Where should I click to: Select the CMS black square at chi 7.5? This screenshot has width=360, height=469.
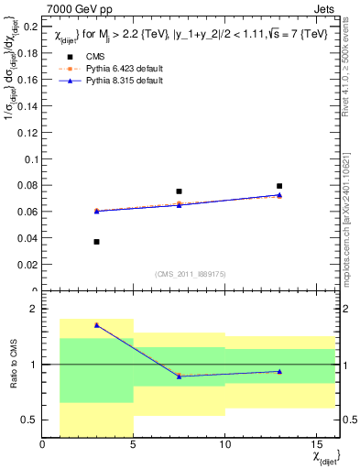point(179,191)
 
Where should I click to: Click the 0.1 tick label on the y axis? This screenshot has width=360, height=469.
point(29,159)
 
